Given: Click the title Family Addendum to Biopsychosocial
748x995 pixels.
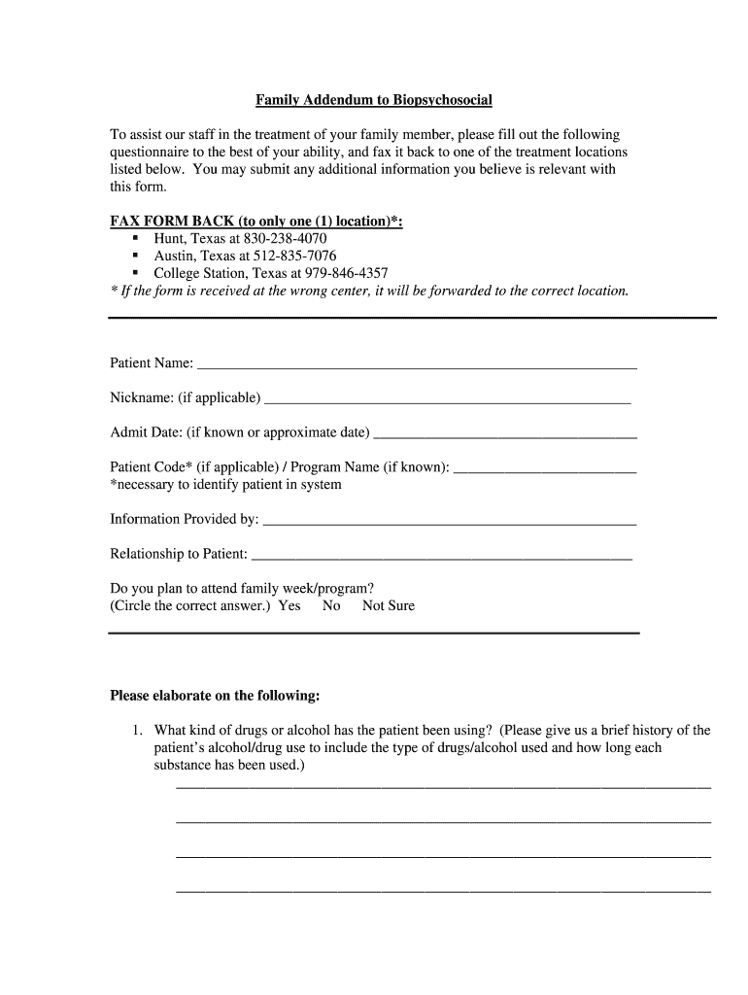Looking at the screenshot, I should [374, 100].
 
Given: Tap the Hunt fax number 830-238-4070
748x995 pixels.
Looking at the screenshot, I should [289, 238].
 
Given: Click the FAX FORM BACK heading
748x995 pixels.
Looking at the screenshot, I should [256, 222].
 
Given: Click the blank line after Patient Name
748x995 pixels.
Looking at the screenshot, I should [417, 368].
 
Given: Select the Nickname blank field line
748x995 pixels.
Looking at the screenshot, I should [447, 402].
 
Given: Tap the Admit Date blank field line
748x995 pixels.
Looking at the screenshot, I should [505, 437].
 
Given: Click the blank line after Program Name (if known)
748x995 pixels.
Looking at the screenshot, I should [545, 472].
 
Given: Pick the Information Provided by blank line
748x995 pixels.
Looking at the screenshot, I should [450, 524].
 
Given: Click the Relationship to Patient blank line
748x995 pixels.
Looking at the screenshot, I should [441, 559].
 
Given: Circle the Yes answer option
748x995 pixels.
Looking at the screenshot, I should [289, 605].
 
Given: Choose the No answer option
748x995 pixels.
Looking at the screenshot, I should [331, 605].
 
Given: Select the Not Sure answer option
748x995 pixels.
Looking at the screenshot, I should [388, 605].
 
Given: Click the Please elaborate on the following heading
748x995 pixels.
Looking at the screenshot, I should [215, 696].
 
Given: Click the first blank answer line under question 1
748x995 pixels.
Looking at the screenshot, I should [443, 785].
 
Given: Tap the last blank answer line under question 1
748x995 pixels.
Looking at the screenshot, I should [443, 890].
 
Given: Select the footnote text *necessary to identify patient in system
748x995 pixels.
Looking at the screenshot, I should [225, 484].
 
